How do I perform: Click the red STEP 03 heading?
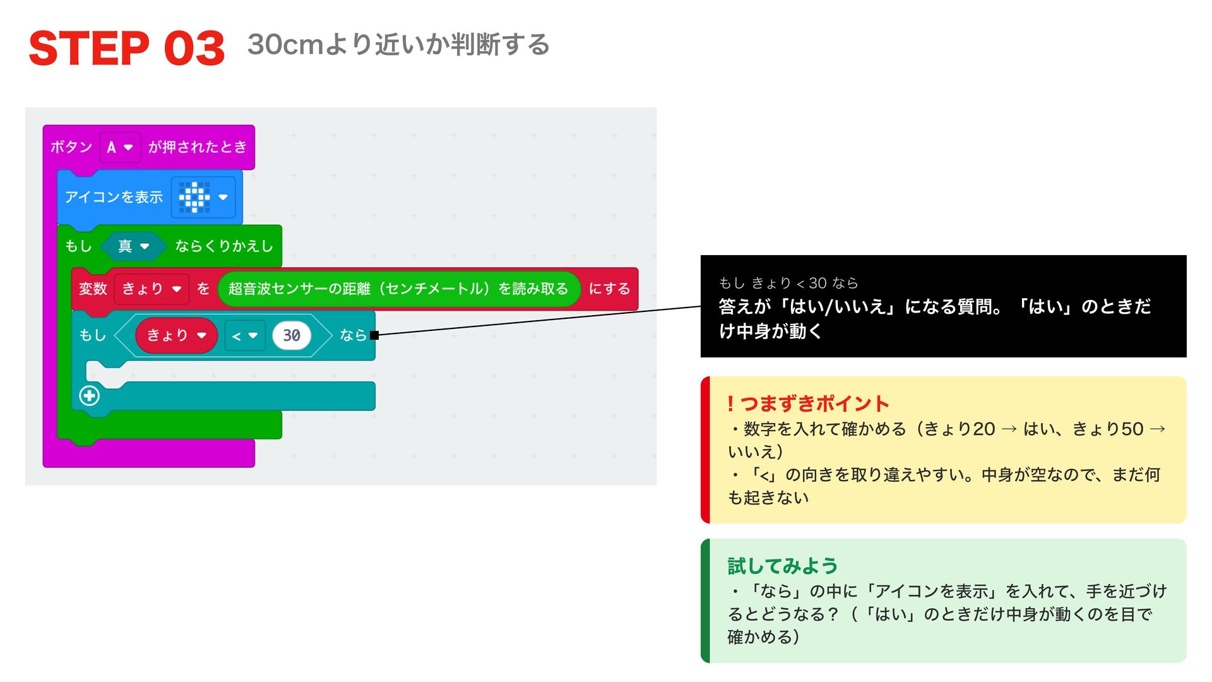(x=127, y=49)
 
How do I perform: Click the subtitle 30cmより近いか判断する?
(x=398, y=45)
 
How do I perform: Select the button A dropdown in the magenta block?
(x=120, y=147)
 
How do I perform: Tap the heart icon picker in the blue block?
(x=203, y=197)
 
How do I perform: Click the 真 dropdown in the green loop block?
(x=134, y=246)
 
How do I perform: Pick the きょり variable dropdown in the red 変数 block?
(x=151, y=289)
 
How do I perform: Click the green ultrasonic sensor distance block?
(x=398, y=289)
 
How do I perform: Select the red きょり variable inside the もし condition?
(x=176, y=335)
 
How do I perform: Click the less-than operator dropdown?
(x=244, y=336)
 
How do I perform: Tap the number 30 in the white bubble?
(x=292, y=335)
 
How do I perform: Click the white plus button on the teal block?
(x=89, y=395)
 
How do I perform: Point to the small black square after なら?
(x=374, y=335)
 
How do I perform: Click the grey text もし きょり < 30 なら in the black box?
(x=788, y=283)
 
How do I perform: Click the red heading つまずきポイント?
(x=808, y=404)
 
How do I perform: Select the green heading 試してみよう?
(x=783, y=566)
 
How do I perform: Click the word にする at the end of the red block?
(x=609, y=289)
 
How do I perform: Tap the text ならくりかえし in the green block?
(x=224, y=246)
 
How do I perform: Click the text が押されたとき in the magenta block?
(x=198, y=147)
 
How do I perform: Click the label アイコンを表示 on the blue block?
(x=114, y=197)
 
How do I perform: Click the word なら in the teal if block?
(x=353, y=335)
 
